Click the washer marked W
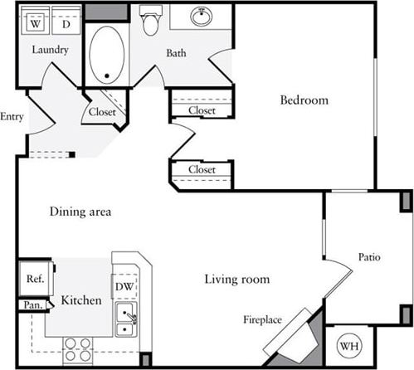pos(35,23)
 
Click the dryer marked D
pos(66,23)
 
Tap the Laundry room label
pos(50,51)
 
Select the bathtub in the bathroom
pos(107,55)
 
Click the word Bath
pos(176,54)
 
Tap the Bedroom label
pos(304,100)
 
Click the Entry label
pos(12,116)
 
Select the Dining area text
pos(80,212)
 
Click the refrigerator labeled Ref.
pos(35,280)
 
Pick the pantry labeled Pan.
pos(33,305)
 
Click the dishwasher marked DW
pos(124,286)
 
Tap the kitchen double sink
pos(126,319)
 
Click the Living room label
pos(237,280)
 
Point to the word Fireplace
pos(263,319)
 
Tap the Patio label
pos(369,257)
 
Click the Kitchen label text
pos(81,299)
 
